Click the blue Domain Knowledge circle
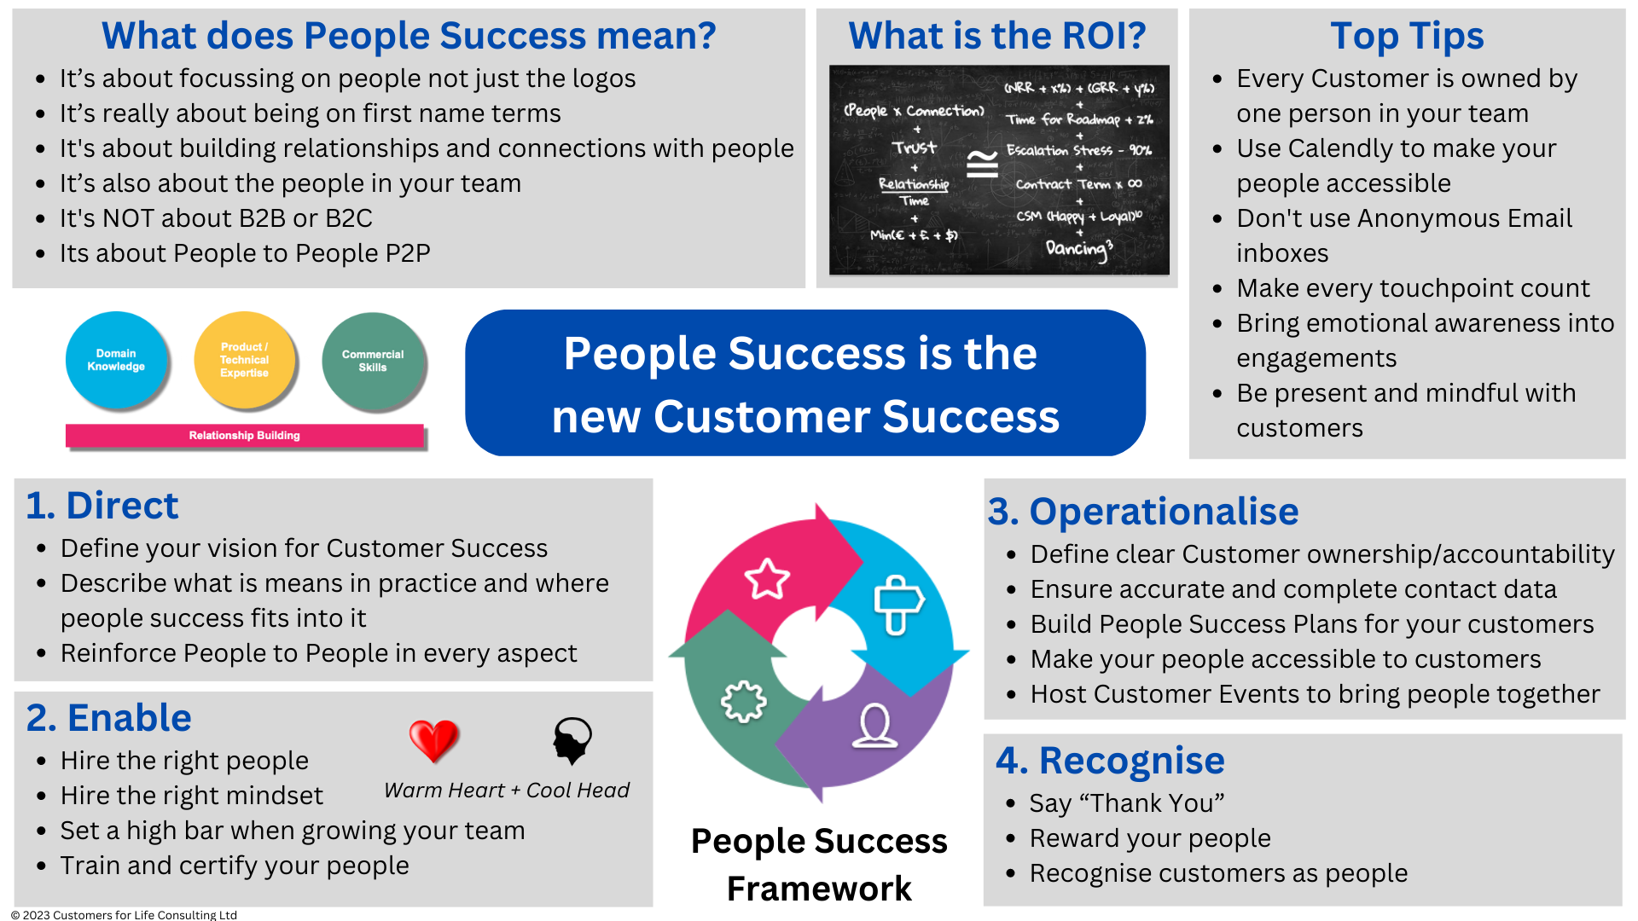(116, 360)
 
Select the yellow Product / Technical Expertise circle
(245, 360)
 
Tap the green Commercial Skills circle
(373, 361)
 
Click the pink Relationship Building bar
(245, 436)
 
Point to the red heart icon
(433, 739)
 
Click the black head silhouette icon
(572, 739)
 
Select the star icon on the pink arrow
(767, 580)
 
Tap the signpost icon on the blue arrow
(897, 604)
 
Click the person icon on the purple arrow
(874, 727)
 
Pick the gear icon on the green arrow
(743, 702)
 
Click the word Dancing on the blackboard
(1077, 248)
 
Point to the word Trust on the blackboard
(915, 148)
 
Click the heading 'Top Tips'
(1407, 36)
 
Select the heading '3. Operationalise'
(1142, 512)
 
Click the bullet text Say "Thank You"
(1126, 803)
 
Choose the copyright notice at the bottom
(124, 914)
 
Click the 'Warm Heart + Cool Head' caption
(507, 791)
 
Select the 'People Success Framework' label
(819, 865)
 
